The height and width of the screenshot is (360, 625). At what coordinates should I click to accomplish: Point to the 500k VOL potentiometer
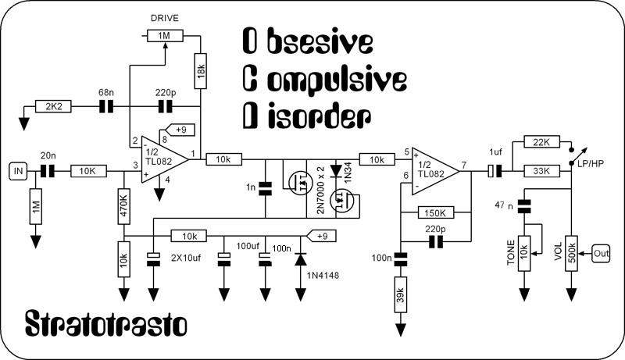point(572,253)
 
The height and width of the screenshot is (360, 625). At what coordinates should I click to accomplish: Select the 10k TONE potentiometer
point(523,254)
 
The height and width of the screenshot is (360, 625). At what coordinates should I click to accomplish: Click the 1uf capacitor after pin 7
point(495,169)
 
